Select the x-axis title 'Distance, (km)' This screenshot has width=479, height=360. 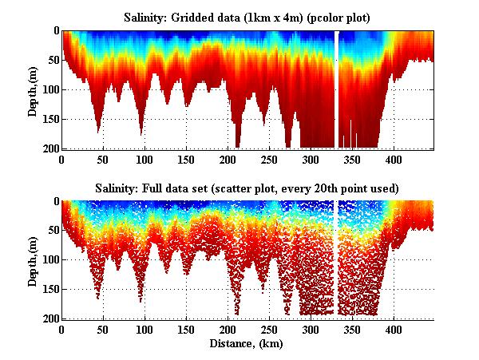(247, 344)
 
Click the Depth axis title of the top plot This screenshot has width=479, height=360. (33, 90)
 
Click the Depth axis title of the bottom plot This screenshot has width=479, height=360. (33, 260)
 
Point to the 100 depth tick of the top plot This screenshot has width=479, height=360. (49, 89)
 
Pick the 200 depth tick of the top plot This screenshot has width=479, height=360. (49, 148)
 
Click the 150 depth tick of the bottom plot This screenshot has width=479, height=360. (49, 289)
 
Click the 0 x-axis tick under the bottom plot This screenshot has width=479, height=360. (61, 330)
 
